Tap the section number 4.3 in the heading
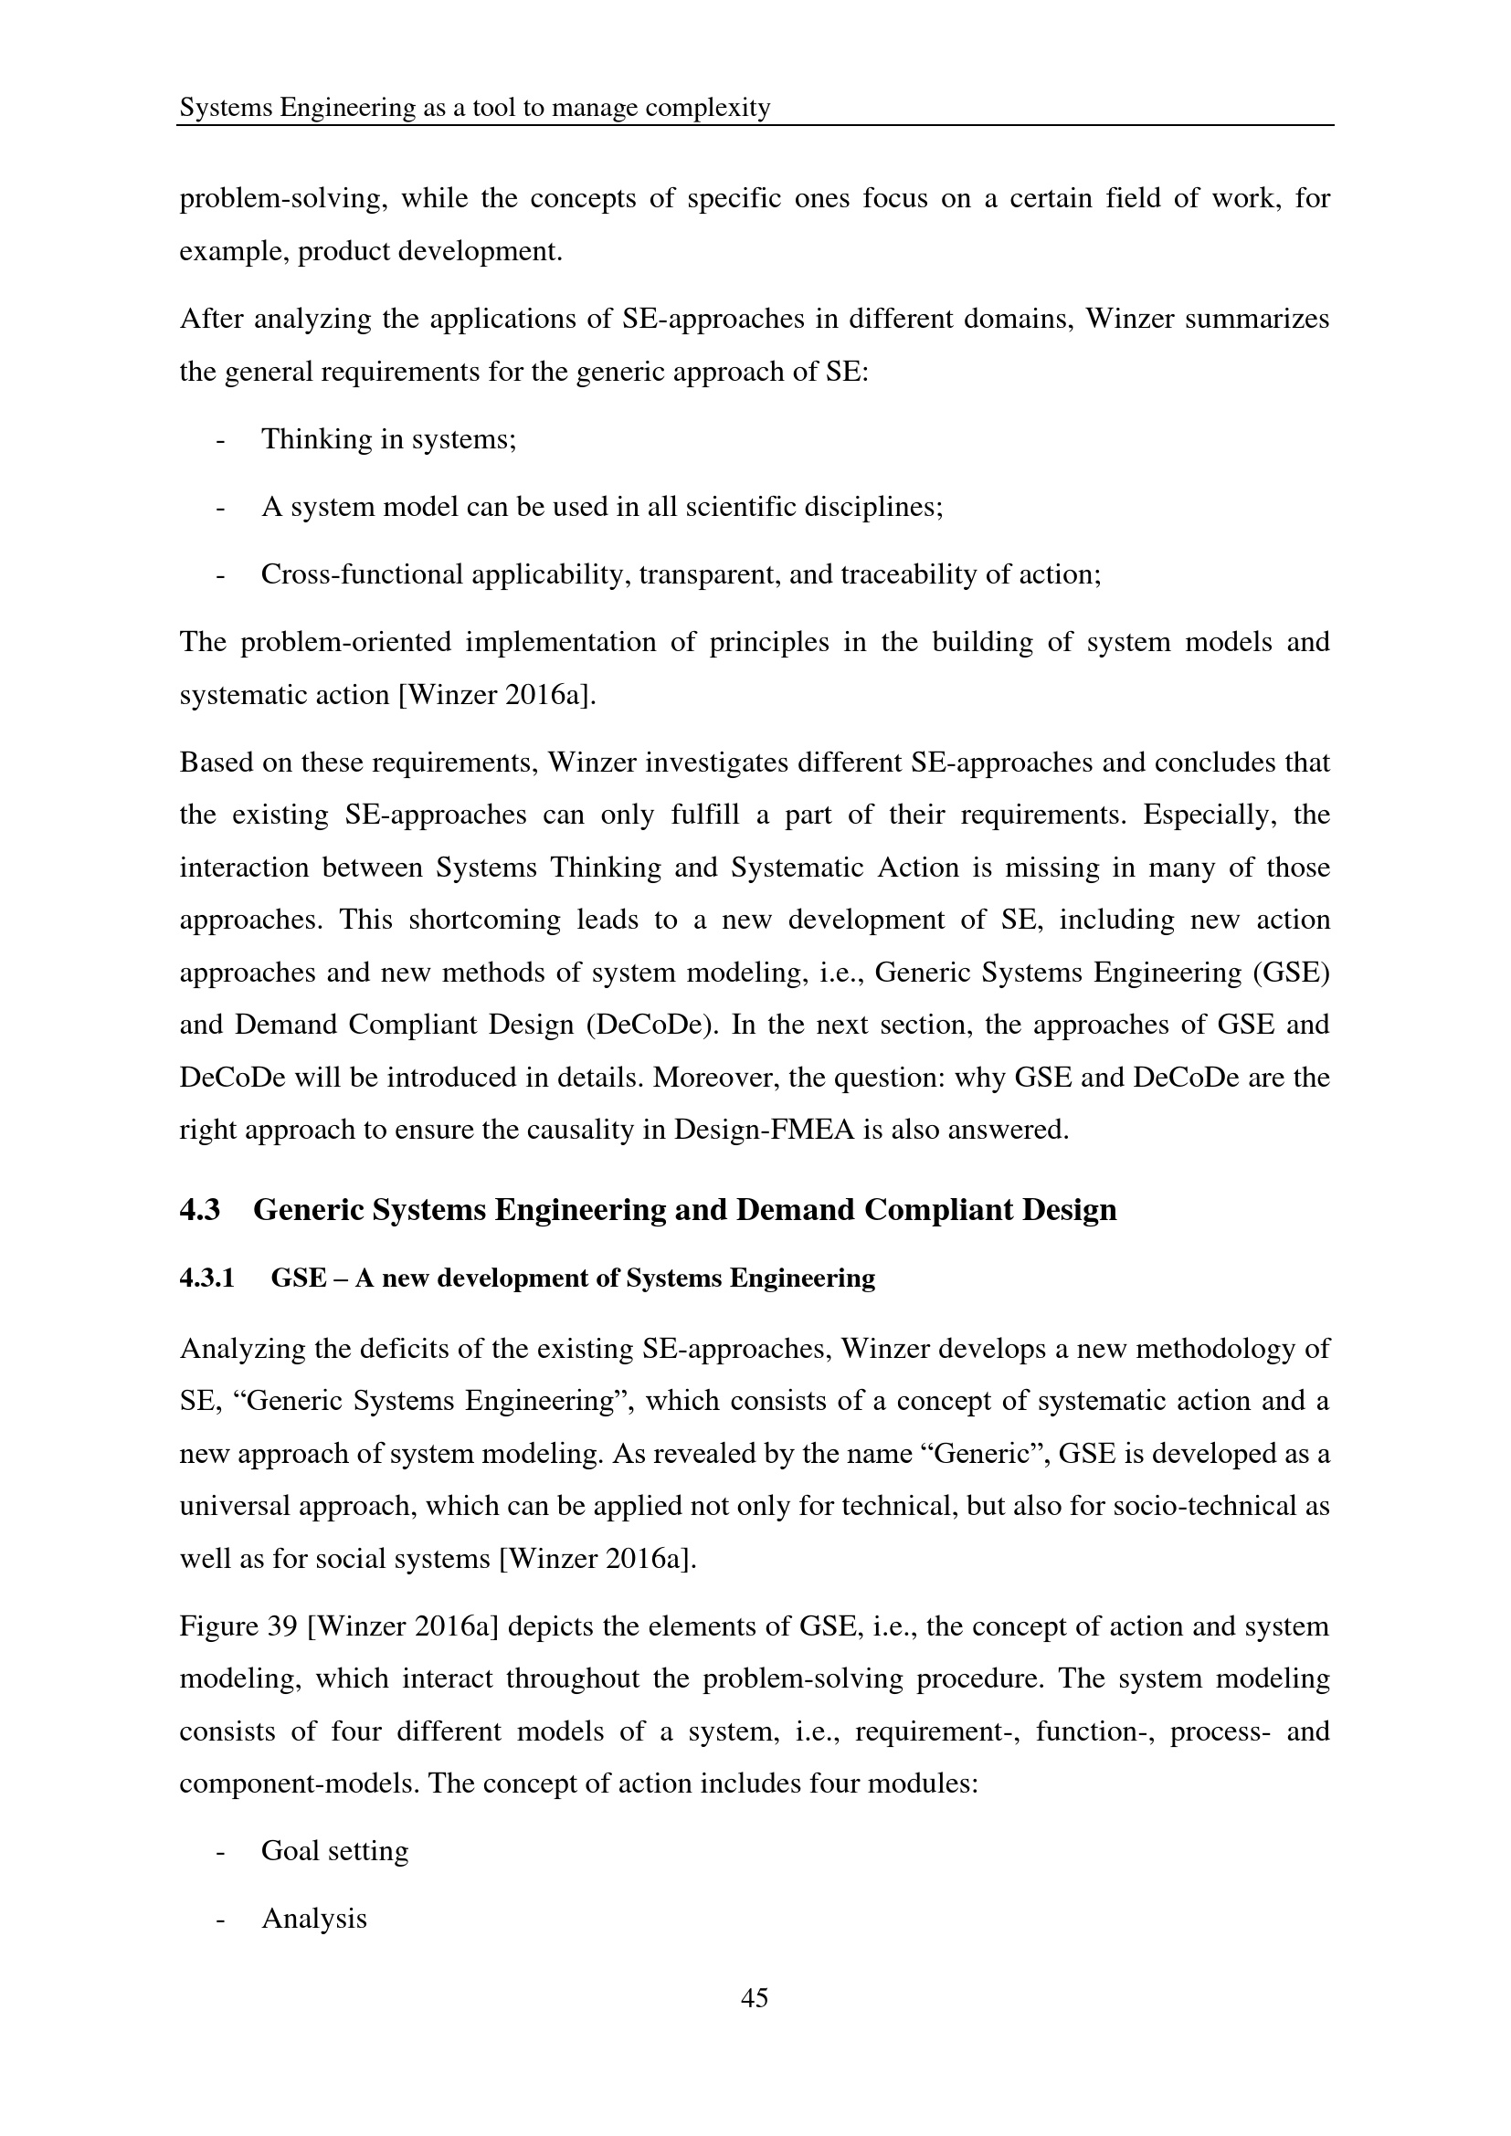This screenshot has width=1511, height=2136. (199, 1209)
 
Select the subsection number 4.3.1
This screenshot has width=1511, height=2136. (206, 1278)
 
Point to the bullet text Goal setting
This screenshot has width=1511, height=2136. (335, 1850)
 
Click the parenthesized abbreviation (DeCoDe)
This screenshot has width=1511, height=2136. (652, 1025)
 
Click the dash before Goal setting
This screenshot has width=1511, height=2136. (220, 1850)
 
